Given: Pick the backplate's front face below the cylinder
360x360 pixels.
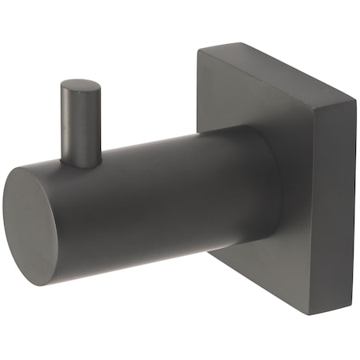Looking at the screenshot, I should [x=264, y=276].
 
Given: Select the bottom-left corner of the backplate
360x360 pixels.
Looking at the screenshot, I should [x=210, y=254].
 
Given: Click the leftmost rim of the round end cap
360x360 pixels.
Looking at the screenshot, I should [x=4, y=228].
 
